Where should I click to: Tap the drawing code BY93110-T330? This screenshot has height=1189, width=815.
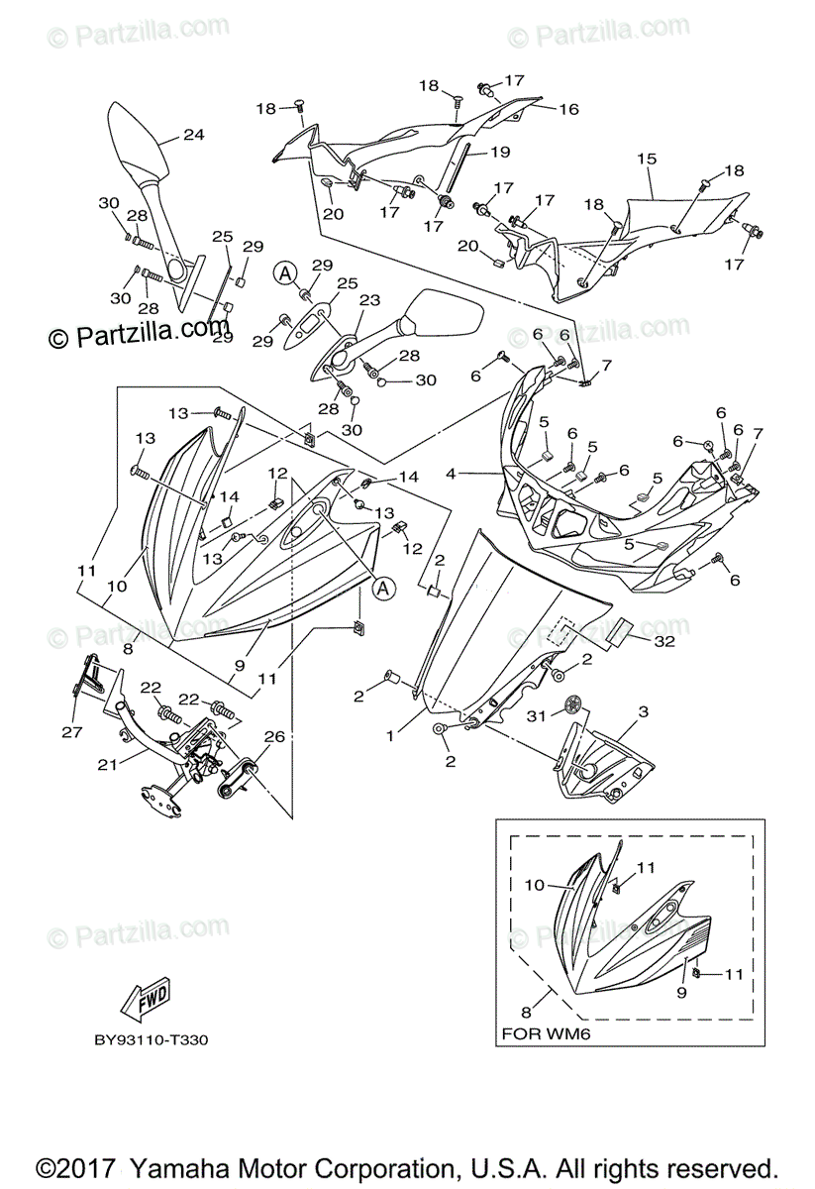(152, 1040)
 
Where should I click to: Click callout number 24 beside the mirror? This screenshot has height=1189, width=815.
(193, 135)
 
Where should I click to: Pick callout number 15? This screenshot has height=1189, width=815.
(648, 159)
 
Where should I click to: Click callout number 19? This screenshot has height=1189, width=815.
(499, 152)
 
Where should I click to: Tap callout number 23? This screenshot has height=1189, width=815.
(369, 299)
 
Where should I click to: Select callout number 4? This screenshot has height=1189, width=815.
(452, 474)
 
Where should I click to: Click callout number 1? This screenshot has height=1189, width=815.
(391, 736)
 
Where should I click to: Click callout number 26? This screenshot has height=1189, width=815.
(274, 736)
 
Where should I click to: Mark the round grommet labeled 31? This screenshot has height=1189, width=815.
(571, 705)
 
